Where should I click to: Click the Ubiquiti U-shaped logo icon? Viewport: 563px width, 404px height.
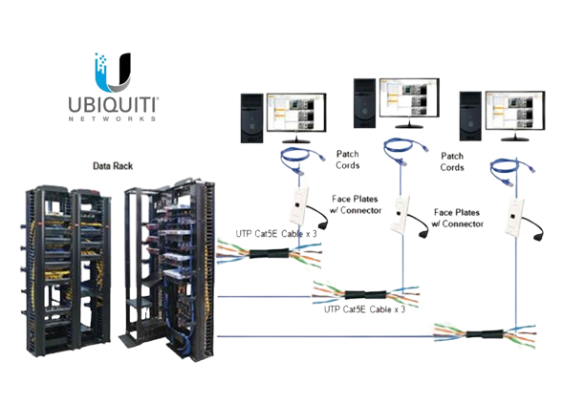[x=112, y=74]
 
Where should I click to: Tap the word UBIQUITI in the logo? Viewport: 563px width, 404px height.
[x=113, y=105]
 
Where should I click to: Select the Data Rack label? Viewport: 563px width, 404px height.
[x=113, y=166]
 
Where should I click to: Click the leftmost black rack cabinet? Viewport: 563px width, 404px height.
[x=67, y=271]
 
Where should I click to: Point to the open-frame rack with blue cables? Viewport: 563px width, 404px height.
[x=169, y=269]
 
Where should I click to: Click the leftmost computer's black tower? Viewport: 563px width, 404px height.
[x=251, y=118]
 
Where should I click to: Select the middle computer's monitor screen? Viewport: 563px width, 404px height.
[x=409, y=97]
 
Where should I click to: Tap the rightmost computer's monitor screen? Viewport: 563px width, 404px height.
[x=515, y=111]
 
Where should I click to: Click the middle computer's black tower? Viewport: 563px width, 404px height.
[x=364, y=103]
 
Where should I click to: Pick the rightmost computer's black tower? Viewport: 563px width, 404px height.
[x=470, y=117]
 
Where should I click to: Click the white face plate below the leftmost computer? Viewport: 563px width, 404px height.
[x=299, y=206]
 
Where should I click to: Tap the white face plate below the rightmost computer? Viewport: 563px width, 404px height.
[x=514, y=217]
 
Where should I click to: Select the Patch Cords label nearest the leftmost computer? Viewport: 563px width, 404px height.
[x=348, y=159]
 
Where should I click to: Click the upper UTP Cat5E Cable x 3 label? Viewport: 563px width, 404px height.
[x=276, y=234]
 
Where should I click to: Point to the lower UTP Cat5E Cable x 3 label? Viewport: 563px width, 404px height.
[x=364, y=309]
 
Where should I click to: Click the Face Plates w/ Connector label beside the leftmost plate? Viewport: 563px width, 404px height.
[x=356, y=204]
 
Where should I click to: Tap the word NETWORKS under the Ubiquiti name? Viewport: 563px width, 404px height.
[x=113, y=118]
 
